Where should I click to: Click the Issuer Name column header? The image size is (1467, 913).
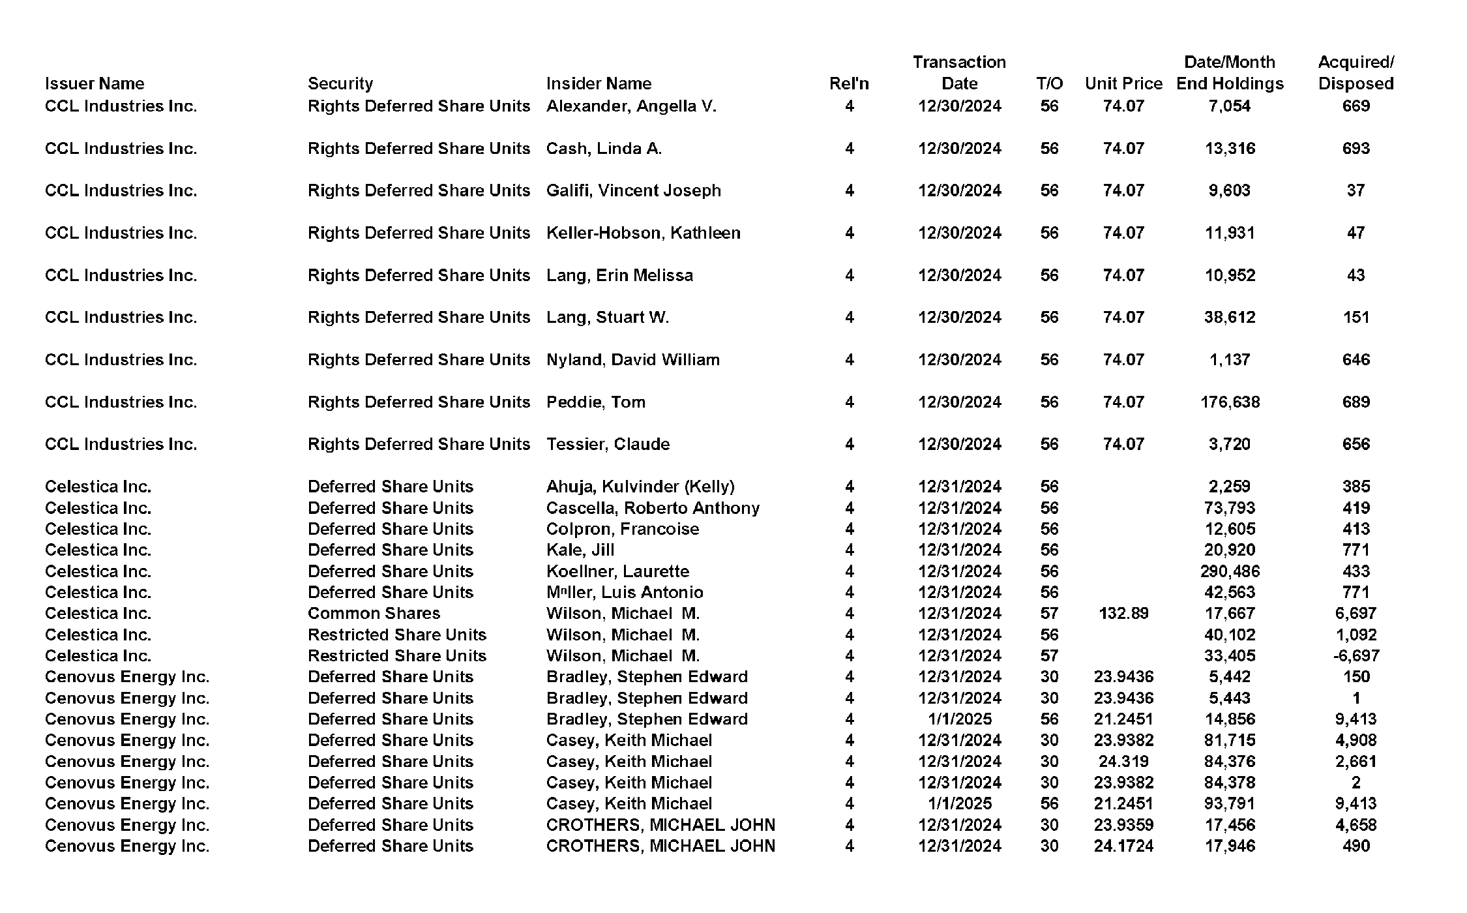coord(95,83)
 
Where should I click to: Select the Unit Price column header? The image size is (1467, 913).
coord(1123,83)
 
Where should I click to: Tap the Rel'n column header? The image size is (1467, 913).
coord(848,83)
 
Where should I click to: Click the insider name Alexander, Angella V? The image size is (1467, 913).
coord(630,106)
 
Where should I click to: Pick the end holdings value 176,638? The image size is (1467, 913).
coord(1229,402)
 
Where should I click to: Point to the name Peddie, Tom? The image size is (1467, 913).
coord(595,402)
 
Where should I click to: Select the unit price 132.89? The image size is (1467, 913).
coord(1123,613)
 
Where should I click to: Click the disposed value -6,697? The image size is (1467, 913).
coord(1356,655)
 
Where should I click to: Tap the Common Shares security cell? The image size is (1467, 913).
coord(374,613)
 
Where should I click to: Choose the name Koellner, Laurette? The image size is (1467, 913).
coord(617,571)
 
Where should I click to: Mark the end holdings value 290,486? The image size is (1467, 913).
coord(1229,571)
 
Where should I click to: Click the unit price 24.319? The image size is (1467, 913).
coord(1123,761)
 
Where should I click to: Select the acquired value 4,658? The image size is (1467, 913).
coord(1356,825)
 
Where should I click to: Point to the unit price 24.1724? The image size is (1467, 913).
coord(1123,846)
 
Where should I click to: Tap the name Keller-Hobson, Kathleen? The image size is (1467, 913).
coord(643,233)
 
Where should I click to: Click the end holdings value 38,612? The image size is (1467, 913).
coord(1229,317)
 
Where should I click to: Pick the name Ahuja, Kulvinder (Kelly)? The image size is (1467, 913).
coord(640,486)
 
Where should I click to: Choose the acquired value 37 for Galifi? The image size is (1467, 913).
coord(1356,190)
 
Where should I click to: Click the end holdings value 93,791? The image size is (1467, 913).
coord(1229,803)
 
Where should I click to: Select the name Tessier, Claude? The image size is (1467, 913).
coord(608,444)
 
